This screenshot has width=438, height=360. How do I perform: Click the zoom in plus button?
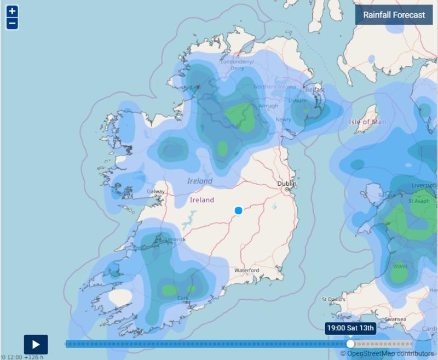(x=12, y=11)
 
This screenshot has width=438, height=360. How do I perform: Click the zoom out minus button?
(x=12, y=24)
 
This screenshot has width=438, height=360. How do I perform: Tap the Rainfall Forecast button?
(x=394, y=15)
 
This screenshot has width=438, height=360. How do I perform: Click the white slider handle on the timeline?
(x=350, y=344)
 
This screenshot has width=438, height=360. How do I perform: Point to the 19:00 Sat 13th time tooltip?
(x=350, y=328)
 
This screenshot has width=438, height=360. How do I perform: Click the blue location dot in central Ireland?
(x=238, y=210)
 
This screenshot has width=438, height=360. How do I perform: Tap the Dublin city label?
(x=286, y=184)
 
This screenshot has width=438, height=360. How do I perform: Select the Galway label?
(x=156, y=191)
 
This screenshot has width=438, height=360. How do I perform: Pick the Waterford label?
(x=246, y=271)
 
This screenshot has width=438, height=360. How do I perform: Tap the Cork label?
(x=183, y=298)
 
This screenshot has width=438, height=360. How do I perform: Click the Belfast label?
(x=315, y=89)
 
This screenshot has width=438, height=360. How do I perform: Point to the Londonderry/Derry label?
(x=237, y=65)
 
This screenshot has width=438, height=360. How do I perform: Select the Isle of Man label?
(x=367, y=122)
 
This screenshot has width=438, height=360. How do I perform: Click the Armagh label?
(x=268, y=106)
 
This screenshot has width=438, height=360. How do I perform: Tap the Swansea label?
(x=395, y=319)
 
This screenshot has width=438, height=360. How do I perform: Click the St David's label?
(x=333, y=300)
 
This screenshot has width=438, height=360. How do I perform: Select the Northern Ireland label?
(x=275, y=87)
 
